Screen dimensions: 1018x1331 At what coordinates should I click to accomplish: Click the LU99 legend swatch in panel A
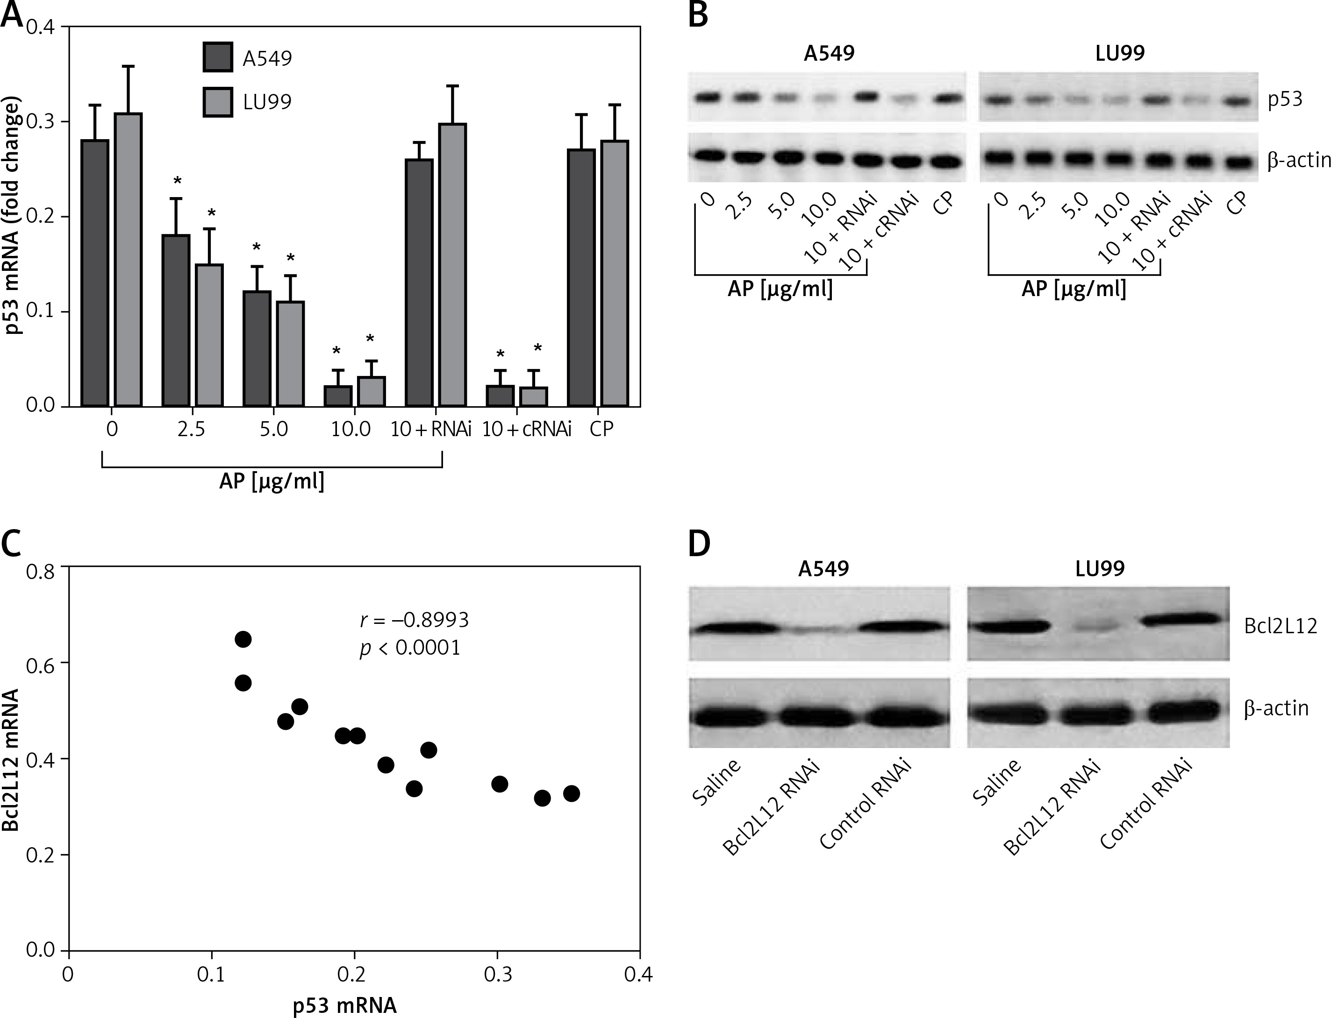(x=217, y=100)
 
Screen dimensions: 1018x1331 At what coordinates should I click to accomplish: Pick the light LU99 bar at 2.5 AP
(x=208, y=334)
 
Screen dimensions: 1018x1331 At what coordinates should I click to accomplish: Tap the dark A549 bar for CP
(x=581, y=277)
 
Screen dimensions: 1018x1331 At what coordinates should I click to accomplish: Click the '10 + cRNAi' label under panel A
(x=526, y=430)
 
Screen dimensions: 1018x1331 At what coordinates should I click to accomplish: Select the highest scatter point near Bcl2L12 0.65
(x=243, y=639)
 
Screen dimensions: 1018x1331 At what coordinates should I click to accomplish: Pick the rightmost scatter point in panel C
(x=571, y=794)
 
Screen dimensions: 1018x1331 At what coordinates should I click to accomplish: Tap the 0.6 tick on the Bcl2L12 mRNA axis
(x=40, y=664)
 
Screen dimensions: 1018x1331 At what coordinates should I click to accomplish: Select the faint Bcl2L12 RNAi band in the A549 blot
(x=816, y=630)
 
